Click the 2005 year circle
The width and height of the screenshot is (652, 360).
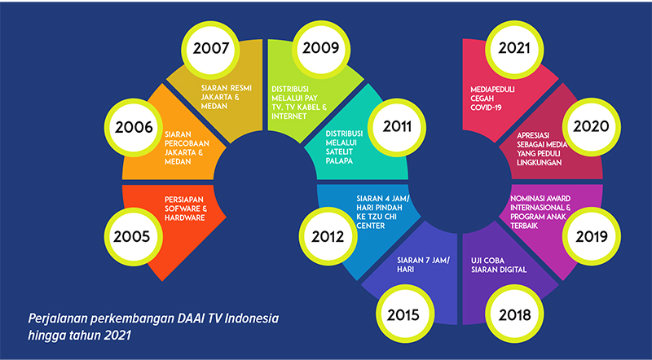[x=132, y=236]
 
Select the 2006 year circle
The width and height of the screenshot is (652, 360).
[x=134, y=127]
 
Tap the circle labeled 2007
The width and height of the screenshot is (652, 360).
[x=211, y=49]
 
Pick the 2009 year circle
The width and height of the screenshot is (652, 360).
[x=320, y=48]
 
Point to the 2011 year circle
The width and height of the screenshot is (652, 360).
[x=397, y=126]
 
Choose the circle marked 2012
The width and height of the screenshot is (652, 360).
[x=328, y=236]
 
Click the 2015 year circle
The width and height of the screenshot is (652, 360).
[x=404, y=314]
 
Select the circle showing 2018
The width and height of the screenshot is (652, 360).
[x=515, y=314]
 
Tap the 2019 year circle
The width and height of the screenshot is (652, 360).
[x=592, y=236]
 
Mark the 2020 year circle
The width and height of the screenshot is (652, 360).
[x=592, y=126]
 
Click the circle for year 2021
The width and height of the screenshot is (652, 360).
[x=514, y=48]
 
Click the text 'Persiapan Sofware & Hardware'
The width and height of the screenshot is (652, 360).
[x=186, y=209]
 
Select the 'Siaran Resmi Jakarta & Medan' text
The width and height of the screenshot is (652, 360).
[x=227, y=97]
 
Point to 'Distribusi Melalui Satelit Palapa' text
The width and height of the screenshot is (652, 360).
[x=344, y=147]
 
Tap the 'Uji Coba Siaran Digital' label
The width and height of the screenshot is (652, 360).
[x=499, y=266]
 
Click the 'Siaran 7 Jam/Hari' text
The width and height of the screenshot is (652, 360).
[x=423, y=265]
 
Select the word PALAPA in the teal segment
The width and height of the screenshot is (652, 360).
[x=339, y=161]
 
